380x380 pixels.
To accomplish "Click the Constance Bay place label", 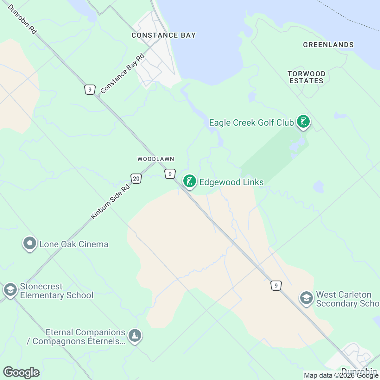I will click(x=163, y=35).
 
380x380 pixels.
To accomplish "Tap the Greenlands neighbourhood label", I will click(x=328, y=45).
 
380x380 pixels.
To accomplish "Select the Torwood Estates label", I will click(x=306, y=77).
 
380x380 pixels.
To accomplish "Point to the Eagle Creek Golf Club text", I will click(x=251, y=123).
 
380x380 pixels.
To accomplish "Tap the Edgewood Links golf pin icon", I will click(x=189, y=181).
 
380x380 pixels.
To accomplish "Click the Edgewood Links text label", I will click(x=231, y=182).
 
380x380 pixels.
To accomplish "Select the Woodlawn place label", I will click(x=156, y=159).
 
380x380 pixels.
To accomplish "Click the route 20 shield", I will click(x=136, y=179).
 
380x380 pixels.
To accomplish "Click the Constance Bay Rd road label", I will click(x=123, y=74).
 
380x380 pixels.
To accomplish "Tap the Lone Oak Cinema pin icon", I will click(x=30, y=244).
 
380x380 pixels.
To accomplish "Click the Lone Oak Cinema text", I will click(x=74, y=244).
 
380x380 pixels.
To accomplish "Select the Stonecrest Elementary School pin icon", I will click(x=10, y=290).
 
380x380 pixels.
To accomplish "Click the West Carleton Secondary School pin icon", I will click(x=306, y=298).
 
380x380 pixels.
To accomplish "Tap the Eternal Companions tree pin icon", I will click(x=135, y=335).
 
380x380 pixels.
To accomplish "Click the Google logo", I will click(x=21, y=372).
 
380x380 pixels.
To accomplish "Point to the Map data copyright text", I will click(x=341, y=376).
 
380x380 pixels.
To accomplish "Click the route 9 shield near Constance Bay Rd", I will click(x=90, y=90).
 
